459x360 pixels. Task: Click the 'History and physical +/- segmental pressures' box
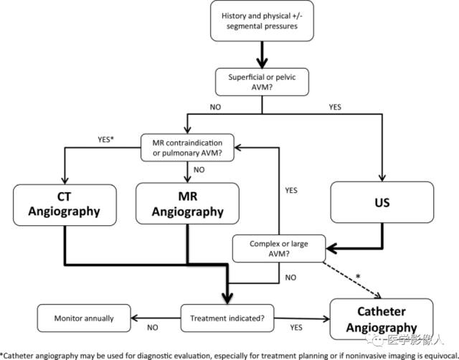click(x=262, y=21)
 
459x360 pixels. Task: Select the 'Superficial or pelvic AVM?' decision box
click(x=262, y=82)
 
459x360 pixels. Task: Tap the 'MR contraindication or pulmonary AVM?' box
click(x=187, y=148)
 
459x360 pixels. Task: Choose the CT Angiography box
click(x=65, y=205)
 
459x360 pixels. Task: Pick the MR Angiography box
click(x=187, y=204)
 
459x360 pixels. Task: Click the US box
click(x=382, y=202)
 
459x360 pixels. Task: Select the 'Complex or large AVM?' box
click(x=279, y=249)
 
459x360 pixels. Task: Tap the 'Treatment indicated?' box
click(x=227, y=318)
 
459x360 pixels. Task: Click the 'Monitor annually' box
click(x=84, y=318)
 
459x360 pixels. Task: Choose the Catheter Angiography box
click(x=382, y=319)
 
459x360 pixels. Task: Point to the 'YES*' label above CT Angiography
click(x=105, y=140)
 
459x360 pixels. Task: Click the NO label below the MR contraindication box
click(x=199, y=170)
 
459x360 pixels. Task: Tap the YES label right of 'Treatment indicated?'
click(x=296, y=327)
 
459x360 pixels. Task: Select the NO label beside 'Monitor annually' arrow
click(x=153, y=327)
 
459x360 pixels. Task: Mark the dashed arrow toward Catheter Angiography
click(x=352, y=280)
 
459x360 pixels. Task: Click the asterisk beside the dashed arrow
click(x=358, y=277)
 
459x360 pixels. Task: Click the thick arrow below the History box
click(x=262, y=55)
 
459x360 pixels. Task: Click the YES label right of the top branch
click(x=335, y=107)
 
